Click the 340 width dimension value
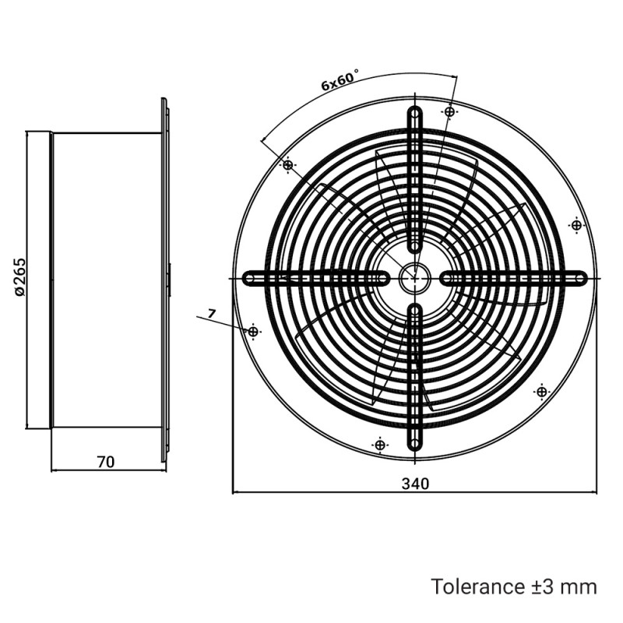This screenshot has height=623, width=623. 415,484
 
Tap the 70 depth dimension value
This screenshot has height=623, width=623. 106,462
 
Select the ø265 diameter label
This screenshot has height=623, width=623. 19,276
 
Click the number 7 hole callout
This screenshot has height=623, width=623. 211,314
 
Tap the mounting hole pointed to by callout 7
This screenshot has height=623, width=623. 253,331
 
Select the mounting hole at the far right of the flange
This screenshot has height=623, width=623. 576,225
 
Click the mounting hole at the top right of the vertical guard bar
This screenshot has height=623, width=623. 449,112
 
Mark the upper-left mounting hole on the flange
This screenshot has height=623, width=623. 287,164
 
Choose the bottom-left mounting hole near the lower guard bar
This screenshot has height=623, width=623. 379,444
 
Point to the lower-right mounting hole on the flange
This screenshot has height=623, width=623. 541,392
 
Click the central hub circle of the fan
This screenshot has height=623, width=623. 415,278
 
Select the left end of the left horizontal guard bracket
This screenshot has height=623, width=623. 250,278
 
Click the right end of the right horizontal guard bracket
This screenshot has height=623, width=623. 580,278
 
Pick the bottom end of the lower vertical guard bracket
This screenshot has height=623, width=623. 415,443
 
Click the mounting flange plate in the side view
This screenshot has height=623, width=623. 165,280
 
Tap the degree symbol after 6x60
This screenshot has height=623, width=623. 356,71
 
